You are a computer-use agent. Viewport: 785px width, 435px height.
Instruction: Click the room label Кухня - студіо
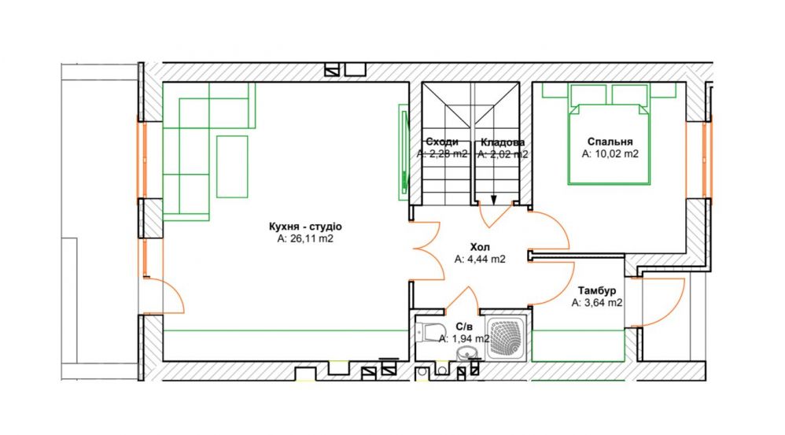tap(305, 227)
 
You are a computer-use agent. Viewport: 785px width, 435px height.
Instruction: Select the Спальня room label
tap(610, 142)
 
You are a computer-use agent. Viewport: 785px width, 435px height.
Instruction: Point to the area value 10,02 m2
tap(617, 154)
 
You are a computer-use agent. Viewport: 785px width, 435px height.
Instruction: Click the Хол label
tap(480, 247)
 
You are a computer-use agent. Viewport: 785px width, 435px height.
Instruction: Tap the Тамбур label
tap(597, 291)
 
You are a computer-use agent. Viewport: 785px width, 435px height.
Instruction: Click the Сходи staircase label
tap(442, 142)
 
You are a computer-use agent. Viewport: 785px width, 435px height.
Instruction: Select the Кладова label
tap(503, 142)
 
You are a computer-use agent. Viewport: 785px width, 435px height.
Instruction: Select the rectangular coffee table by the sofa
tap(232, 167)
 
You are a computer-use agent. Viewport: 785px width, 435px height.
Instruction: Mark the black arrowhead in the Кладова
tap(494, 201)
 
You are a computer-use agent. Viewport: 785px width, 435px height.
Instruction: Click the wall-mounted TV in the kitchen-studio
tap(404, 152)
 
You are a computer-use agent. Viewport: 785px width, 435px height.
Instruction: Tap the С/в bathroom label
tap(463, 327)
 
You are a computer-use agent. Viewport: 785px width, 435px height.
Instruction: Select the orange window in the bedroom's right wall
tap(705, 160)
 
